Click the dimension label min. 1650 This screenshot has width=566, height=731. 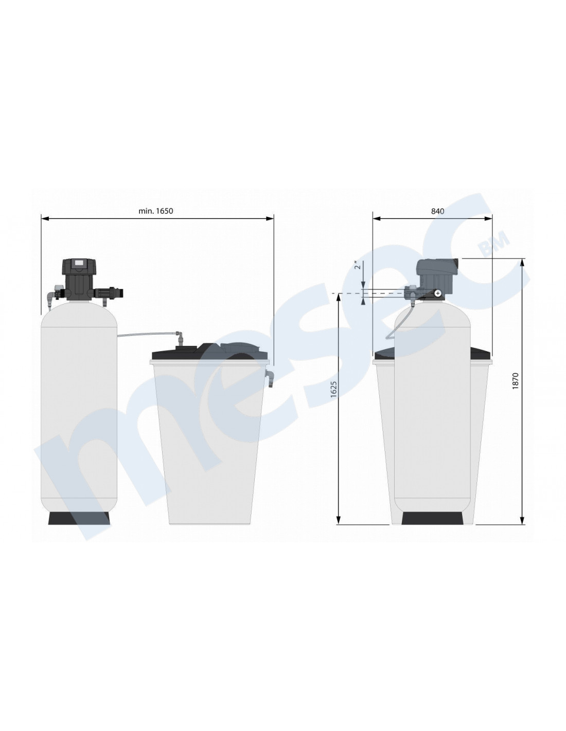[155, 211]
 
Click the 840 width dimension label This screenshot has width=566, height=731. [437, 211]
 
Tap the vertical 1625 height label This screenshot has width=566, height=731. [333, 389]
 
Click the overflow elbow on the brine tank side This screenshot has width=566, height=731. [269, 378]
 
